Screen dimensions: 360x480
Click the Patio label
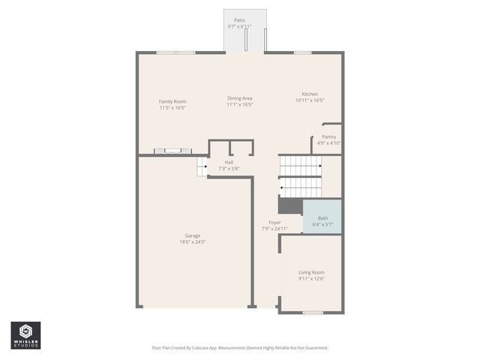click(239, 20)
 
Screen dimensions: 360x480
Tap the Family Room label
click(172, 101)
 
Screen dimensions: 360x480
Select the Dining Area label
click(240, 98)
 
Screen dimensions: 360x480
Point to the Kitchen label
click(310, 94)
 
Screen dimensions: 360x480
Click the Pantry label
click(328, 136)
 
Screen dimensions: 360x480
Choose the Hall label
click(229, 162)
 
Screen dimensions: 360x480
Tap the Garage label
click(192, 235)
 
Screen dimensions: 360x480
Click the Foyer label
click(275, 223)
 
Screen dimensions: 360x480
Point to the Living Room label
click(311, 272)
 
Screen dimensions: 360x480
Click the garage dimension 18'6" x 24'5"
click(192, 242)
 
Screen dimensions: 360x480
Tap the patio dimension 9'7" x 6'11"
click(239, 27)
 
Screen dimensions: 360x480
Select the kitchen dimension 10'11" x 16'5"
click(310, 100)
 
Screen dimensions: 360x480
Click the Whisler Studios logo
click(25, 335)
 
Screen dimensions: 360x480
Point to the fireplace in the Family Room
click(167, 151)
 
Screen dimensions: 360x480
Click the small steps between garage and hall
click(202, 167)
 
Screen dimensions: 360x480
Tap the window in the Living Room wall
click(313, 312)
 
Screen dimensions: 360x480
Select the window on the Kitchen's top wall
click(302, 52)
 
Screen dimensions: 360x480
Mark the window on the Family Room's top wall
click(175, 52)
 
